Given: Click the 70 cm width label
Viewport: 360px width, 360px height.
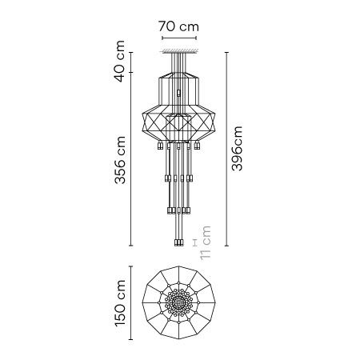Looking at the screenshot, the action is pyautogui.click(x=178, y=26).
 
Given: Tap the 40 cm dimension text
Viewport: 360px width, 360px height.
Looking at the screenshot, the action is pyautogui.click(x=119, y=61).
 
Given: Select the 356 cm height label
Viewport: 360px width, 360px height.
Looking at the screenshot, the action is pyautogui.click(x=120, y=160).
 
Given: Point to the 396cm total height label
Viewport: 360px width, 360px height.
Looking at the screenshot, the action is pyautogui.click(x=237, y=148).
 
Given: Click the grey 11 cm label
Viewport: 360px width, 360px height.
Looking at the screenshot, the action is pyautogui.click(x=206, y=242).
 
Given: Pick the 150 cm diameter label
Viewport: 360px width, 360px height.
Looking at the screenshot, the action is pyautogui.click(x=120, y=303).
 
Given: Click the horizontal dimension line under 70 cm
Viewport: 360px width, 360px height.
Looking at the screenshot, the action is pyautogui.click(x=179, y=38).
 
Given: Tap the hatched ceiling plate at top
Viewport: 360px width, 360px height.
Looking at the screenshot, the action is pyautogui.click(x=179, y=51).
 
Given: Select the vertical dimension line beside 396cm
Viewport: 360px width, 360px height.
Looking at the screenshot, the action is pyautogui.click(x=226, y=149).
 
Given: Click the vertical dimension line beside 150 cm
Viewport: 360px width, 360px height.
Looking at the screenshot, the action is pyautogui.click(x=130, y=303).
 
